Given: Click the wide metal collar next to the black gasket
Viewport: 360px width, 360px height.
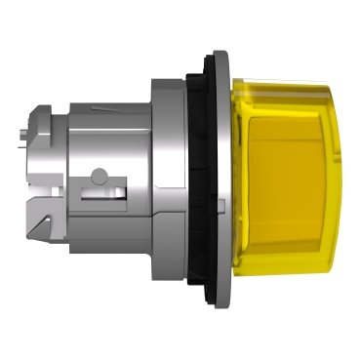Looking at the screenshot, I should [176, 180].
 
